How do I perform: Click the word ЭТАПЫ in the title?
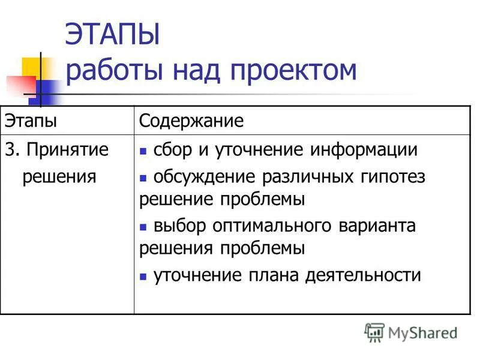112,34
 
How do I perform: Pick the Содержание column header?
191,121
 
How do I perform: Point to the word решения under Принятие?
59,176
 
